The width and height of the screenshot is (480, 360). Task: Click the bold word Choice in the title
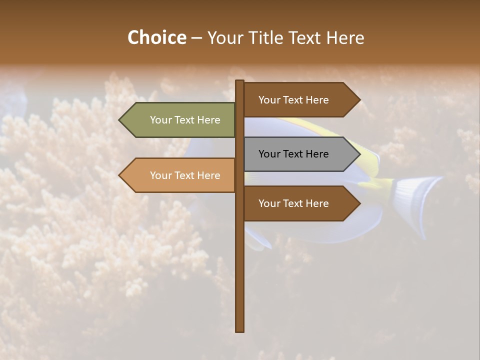156,38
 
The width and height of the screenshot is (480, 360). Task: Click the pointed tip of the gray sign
359,154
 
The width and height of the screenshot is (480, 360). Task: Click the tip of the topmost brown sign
359,100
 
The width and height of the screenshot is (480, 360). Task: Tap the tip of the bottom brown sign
359,203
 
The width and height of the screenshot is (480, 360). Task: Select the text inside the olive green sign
185,120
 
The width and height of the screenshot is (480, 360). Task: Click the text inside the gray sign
293,154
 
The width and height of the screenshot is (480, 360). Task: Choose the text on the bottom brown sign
293,203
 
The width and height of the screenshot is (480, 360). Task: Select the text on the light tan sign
185,175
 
